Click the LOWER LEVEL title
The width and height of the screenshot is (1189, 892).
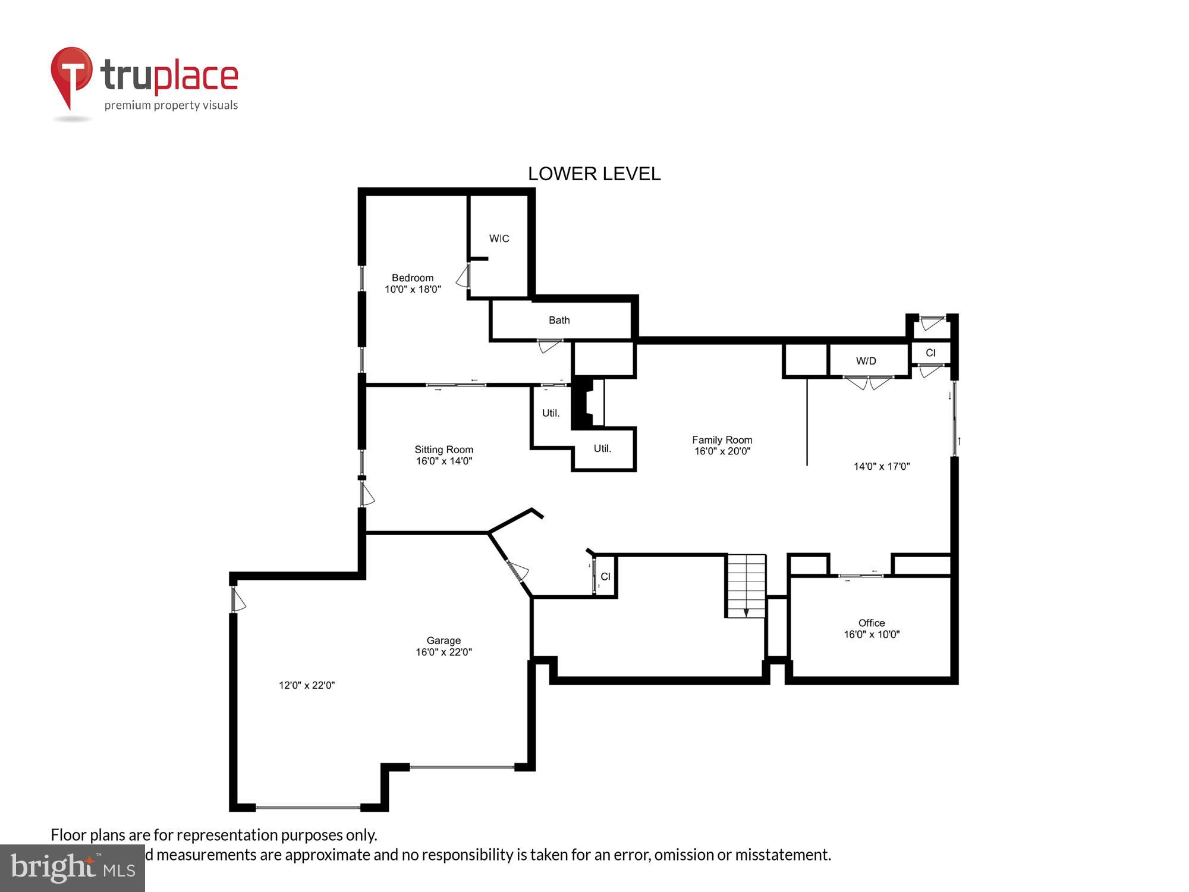coord(594,174)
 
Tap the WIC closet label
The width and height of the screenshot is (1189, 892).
coord(499,238)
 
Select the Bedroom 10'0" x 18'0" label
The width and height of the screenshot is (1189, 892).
coord(413,284)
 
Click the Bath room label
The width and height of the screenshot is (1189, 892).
coord(559,321)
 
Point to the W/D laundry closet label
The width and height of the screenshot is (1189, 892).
coord(866,361)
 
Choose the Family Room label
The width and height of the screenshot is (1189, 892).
coord(722,445)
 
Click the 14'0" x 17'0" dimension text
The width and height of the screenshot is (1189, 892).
coord(881,466)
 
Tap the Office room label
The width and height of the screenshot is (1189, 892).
coord(871,629)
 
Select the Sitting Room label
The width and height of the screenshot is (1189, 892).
coord(443,455)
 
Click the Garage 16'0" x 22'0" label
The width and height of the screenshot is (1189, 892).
coord(443,646)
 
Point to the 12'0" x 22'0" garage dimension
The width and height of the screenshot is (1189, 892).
coord(307,685)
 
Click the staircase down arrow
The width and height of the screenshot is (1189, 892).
coord(746,612)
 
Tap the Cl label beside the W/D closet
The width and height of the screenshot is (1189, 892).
coord(930,353)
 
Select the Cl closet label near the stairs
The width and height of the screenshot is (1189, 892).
coord(605,576)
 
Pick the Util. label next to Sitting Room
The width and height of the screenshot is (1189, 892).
coord(551,413)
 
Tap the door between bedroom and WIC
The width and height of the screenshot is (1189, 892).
coord(464,277)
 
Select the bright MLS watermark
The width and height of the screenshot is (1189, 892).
coord(73,868)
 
